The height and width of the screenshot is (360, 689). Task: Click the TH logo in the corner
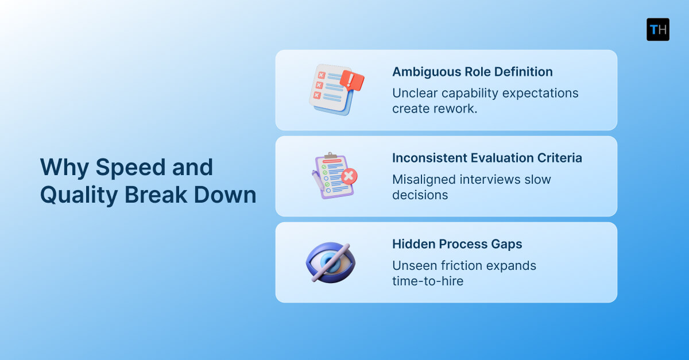coord(657,29)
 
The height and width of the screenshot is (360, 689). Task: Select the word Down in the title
coord(229,195)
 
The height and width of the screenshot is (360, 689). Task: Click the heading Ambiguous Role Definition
coord(472,72)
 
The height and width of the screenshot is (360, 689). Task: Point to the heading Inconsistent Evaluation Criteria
coord(487,158)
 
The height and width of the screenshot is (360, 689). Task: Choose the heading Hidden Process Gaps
coord(457,244)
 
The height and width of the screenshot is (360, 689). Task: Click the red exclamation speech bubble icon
coord(352,80)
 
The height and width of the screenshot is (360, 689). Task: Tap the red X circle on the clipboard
coord(348,175)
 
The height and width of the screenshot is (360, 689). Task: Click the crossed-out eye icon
coord(330,261)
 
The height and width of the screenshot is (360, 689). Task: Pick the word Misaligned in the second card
coord(423,179)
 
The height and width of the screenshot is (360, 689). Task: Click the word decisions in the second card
coord(420,195)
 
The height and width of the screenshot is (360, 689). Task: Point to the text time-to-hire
coord(427,281)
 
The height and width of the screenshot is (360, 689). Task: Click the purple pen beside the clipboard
coord(318,183)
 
